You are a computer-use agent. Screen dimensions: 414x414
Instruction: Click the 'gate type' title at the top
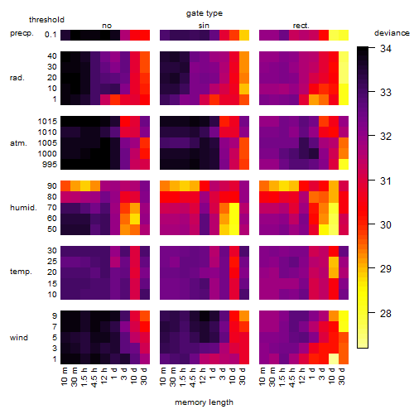pyautogui.click(x=205, y=13)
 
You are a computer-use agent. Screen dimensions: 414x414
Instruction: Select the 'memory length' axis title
pyautogui.click(x=204, y=402)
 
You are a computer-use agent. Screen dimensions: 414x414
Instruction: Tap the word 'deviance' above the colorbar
pyautogui.click(x=392, y=33)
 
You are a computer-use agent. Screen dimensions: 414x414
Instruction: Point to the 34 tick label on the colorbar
pyautogui.click(x=386, y=49)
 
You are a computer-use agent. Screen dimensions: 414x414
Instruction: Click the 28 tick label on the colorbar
pyautogui.click(x=386, y=313)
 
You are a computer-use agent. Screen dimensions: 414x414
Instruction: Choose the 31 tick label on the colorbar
pyautogui.click(x=386, y=181)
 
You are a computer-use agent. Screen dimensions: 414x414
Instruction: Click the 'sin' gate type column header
pyautogui.click(x=204, y=26)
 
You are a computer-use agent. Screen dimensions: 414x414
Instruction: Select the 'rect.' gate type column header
pyautogui.click(x=301, y=26)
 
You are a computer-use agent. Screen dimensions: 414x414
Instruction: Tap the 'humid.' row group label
pyautogui.click(x=23, y=208)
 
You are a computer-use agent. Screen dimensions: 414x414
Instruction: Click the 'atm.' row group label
pyautogui.click(x=18, y=143)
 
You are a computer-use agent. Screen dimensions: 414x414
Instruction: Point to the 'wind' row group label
pyautogui.click(x=19, y=338)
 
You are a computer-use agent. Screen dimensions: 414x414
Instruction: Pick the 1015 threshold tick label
pyautogui.click(x=47, y=122)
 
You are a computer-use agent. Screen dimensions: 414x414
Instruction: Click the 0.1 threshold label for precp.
pyautogui.click(x=51, y=35)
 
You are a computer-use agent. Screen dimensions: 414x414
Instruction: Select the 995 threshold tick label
pyautogui.click(x=50, y=165)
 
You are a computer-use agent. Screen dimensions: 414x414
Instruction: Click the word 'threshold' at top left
pyautogui.click(x=46, y=20)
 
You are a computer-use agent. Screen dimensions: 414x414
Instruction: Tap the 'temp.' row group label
pyautogui.click(x=21, y=272)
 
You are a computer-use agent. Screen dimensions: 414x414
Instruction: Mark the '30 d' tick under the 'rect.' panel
pyautogui.click(x=342, y=376)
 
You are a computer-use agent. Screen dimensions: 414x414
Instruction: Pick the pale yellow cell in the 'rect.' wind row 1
pyautogui.click(x=334, y=359)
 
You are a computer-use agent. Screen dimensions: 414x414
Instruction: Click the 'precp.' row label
pyautogui.click(x=22, y=33)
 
